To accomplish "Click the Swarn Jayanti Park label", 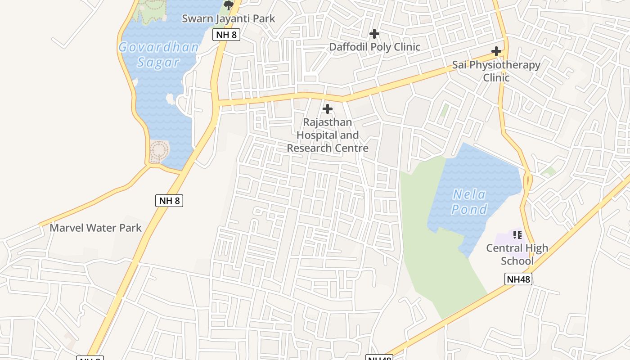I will pyautogui.click(x=228, y=19).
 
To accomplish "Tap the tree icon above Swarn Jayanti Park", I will pyautogui.click(x=229, y=5).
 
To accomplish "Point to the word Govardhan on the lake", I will pyautogui.click(x=158, y=47).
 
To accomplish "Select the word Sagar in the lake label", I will pyautogui.click(x=158, y=62).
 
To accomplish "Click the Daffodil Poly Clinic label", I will pyautogui.click(x=374, y=47).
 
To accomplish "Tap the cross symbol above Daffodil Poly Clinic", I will pyautogui.click(x=374, y=34).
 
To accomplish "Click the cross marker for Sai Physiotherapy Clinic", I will pyautogui.click(x=496, y=51).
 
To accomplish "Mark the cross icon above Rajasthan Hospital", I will pyautogui.click(x=328, y=109).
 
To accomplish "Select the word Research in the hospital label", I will pyautogui.click(x=306, y=148).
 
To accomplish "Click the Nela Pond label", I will pyautogui.click(x=469, y=202).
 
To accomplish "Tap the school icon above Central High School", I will pyautogui.click(x=517, y=234).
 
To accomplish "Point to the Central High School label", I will pyautogui.click(x=517, y=254).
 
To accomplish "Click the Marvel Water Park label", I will pyautogui.click(x=95, y=228).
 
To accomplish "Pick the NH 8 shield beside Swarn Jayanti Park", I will pyautogui.click(x=226, y=34).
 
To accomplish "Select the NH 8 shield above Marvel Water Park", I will pyautogui.click(x=169, y=200).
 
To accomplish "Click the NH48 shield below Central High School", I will pyautogui.click(x=518, y=279).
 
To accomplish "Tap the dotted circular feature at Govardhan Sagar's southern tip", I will pyautogui.click(x=159, y=151).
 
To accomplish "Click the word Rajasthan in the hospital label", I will pyautogui.click(x=327, y=122).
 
